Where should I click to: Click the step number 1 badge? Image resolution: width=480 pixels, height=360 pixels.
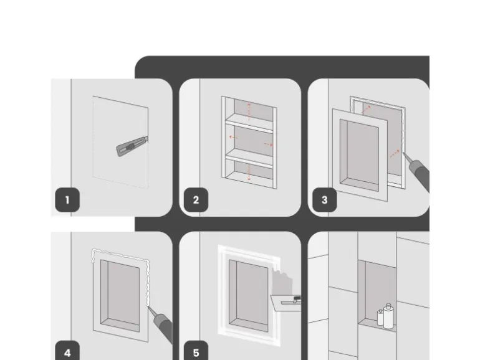(67, 200)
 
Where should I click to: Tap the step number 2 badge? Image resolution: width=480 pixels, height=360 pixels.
(196, 200)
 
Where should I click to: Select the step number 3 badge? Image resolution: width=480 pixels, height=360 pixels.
(325, 200)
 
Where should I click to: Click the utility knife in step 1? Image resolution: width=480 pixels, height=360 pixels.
(132, 146)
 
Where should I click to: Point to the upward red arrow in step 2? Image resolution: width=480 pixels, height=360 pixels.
(249, 112)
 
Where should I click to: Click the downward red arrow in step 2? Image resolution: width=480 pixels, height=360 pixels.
(249, 172)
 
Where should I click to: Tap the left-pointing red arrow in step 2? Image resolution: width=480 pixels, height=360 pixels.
(234, 137)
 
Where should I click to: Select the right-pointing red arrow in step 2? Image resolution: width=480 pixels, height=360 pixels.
(269, 144)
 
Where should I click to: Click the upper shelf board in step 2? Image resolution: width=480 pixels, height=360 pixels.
(249, 123)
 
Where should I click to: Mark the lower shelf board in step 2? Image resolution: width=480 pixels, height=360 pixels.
(249, 158)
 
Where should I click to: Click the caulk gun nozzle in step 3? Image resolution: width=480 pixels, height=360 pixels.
(406, 158)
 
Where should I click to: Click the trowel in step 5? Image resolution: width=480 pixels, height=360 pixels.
(286, 303)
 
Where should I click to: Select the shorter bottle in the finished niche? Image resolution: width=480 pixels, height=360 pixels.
(380, 318)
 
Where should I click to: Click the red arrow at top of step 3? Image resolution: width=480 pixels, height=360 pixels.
(367, 110)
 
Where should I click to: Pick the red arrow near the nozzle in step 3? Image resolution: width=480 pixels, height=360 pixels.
(395, 154)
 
